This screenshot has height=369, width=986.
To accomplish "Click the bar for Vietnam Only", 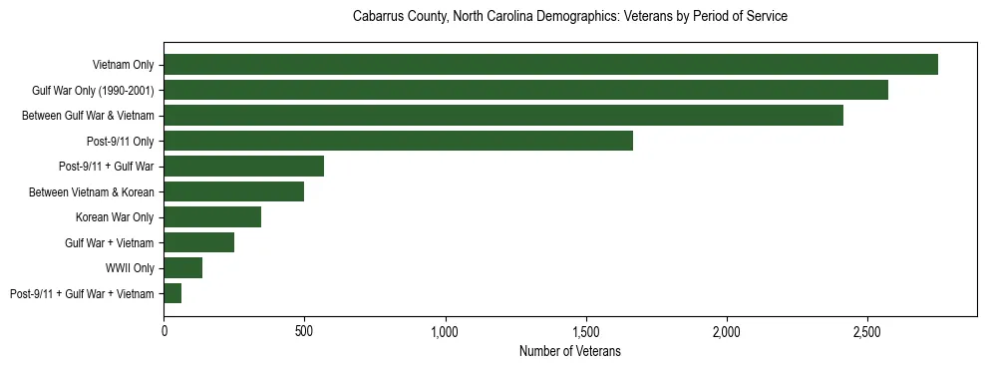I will click(x=550, y=64).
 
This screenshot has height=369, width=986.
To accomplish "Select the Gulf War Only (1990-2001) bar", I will click(x=525, y=90).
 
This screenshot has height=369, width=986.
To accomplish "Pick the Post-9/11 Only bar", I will click(x=398, y=141).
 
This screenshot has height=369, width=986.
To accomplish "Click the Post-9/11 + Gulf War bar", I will click(x=243, y=166).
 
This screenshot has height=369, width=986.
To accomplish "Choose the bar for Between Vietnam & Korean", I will click(x=233, y=191).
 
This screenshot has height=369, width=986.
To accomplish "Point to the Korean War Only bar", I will click(x=212, y=216).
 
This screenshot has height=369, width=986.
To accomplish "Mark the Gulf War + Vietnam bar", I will click(x=198, y=242).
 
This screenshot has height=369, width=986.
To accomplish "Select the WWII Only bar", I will click(x=182, y=267).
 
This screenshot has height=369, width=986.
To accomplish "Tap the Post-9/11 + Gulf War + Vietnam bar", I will click(x=172, y=293).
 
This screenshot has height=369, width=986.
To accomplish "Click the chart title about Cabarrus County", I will click(x=570, y=17).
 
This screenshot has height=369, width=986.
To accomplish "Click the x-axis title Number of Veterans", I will click(x=570, y=351).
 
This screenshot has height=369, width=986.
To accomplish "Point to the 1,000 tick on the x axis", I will click(x=446, y=330).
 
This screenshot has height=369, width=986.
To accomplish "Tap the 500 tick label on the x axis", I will click(x=304, y=330).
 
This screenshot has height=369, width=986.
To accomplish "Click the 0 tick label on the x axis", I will click(x=164, y=330).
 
